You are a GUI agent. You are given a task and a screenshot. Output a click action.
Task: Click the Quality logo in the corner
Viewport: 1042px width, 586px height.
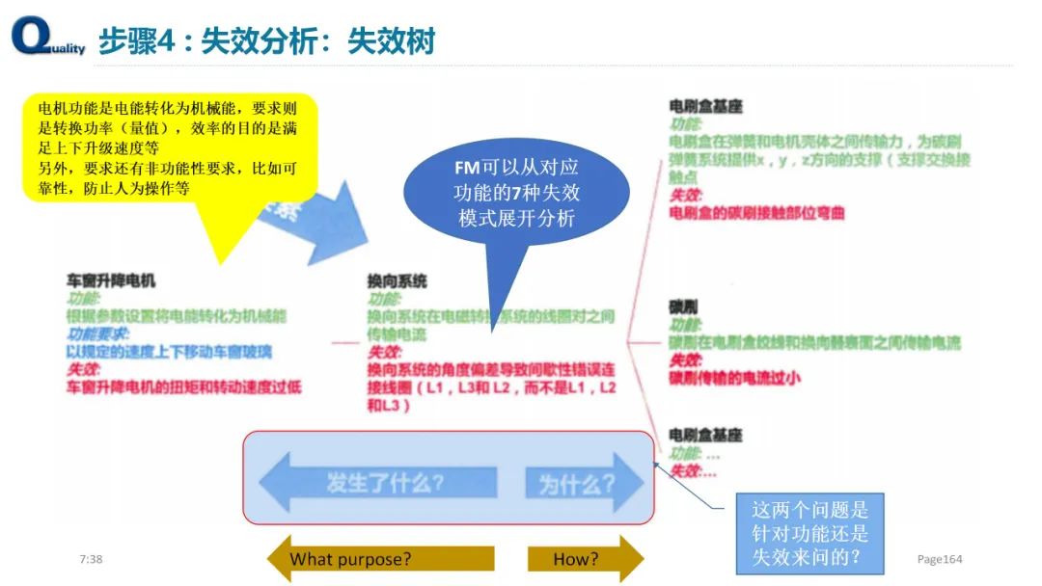click(47, 38)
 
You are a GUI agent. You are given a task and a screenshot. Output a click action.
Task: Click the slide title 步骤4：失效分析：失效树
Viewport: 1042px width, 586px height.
click(266, 41)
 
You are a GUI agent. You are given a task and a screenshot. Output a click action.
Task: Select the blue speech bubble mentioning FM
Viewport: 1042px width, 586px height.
click(516, 193)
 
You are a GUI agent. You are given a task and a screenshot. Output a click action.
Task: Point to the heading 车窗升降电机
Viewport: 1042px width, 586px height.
click(110, 280)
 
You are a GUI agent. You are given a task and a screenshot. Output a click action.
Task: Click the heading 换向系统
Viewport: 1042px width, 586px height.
click(397, 280)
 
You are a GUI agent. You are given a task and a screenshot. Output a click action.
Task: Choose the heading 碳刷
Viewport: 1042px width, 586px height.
click(683, 306)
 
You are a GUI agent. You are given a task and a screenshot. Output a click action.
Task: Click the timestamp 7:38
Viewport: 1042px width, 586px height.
click(91, 559)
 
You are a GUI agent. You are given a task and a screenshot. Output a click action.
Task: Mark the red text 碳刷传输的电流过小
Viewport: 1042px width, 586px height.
click(735, 378)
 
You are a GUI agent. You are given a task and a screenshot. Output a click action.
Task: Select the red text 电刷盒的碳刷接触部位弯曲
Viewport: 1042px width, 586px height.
click(756, 212)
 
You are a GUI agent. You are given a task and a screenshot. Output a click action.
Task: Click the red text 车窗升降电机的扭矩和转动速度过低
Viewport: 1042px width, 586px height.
click(183, 386)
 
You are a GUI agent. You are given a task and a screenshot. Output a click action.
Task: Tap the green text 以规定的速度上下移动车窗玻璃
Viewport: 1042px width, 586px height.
click(169, 351)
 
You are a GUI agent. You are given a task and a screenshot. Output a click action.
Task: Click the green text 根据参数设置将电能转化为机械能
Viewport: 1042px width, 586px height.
click(176, 316)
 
